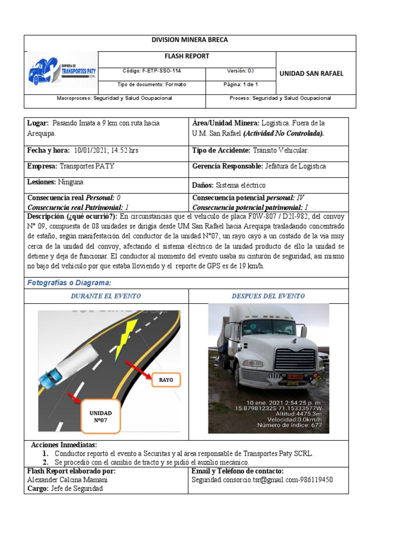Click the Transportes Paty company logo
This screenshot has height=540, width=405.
pyautogui.click(x=62, y=69)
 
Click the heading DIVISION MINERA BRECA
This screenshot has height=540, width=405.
pyautogui.click(x=190, y=40)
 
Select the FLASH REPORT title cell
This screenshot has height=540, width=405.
pyautogui.click(x=187, y=56)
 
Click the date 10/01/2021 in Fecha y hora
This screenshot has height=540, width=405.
pyautogui.click(x=93, y=150)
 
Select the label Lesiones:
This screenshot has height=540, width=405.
pyautogui.click(x=41, y=182)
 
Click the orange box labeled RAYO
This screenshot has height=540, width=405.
pyautogui.click(x=166, y=380)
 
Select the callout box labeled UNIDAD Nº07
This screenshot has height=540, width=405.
pyautogui.click(x=101, y=417)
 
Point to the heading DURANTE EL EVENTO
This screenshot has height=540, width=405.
pyautogui.click(x=105, y=296)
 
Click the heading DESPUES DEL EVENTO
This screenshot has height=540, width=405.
pyautogui.click(x=268, y=296)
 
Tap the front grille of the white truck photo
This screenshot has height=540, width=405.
pyautogui.click(x=295, y=359)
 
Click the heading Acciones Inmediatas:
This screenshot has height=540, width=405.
pyautogui.click(x=64, y=445)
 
